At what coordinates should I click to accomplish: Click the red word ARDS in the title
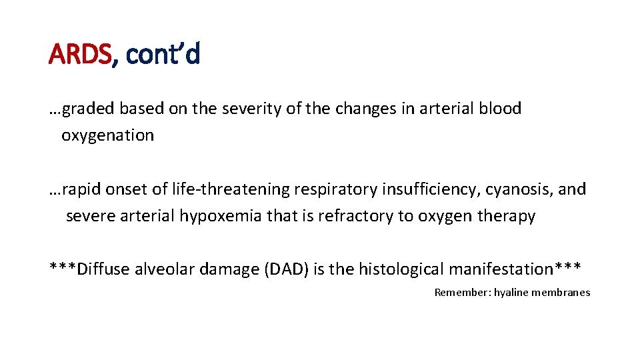point(80,54)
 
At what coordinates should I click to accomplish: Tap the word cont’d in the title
point(163,54)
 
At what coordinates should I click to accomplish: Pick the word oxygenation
point(107,135)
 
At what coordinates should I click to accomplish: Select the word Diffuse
point(103,269)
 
